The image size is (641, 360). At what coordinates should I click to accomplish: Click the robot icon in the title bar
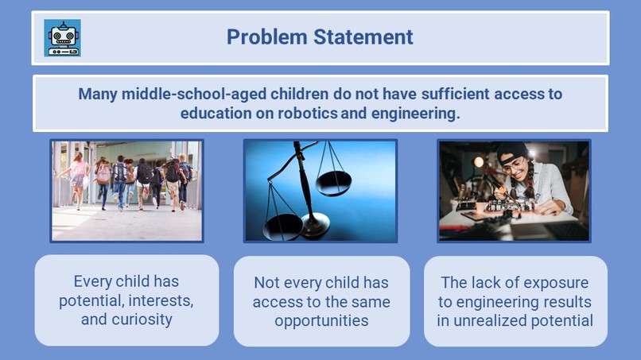click(63, 37)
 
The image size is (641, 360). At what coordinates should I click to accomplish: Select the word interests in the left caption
click(160, 300)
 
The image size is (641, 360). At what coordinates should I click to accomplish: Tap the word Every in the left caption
click(93, 281)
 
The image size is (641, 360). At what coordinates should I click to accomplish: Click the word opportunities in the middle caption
click(321, 321)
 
